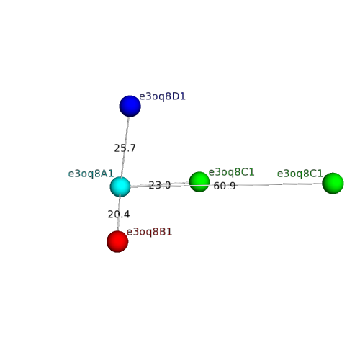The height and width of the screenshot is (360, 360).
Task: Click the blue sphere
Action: point(130,106)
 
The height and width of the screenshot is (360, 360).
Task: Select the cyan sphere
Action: point(120,186)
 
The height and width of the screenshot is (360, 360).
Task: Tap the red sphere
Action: point(117,241)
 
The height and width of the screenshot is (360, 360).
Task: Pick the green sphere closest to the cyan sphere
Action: point(199,181)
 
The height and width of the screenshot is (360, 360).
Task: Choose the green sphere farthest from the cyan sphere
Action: point(333,183)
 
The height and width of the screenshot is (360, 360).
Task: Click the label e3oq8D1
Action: point(162,96)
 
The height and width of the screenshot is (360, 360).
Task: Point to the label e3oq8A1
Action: point(91,174)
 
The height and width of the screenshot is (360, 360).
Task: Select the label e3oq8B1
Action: point(149,232)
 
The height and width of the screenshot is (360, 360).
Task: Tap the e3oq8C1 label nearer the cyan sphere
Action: point(231,172)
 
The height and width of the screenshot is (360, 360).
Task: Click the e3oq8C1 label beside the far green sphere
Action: point(300,174)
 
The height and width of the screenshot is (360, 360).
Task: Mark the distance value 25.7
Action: point(125,148)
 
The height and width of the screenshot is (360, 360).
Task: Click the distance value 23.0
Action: point(160,185)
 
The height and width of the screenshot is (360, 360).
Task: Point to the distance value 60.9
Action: point(225,186)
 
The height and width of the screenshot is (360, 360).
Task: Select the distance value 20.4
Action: point(119,215)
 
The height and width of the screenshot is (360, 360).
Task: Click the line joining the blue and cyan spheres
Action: point(125,147)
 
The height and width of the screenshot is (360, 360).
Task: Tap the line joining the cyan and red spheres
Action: point(119,214)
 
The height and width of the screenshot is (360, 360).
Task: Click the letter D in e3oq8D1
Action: point(176,96)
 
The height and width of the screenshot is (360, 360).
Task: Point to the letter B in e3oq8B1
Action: point(163,232)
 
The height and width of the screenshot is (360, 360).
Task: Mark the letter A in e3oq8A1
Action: point(104,174)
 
